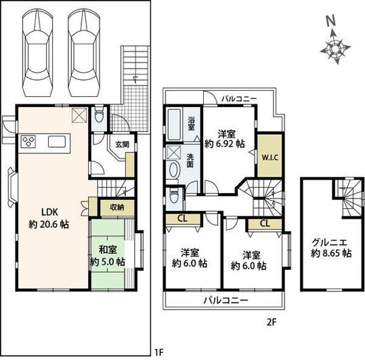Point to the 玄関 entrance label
122,144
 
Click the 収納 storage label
116,207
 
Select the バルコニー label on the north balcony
238,99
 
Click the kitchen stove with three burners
31,142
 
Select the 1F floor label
158,351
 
